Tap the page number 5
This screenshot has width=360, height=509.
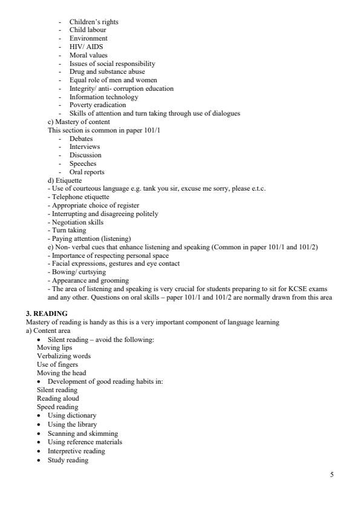[x=331, y=474]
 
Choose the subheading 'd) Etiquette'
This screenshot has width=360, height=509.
[x=64, y=180]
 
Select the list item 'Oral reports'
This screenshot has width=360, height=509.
[x=88, y=172]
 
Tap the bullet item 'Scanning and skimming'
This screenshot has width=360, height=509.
[x=82, y=433]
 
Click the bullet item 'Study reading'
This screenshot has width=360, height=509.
[x=68, y=461]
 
